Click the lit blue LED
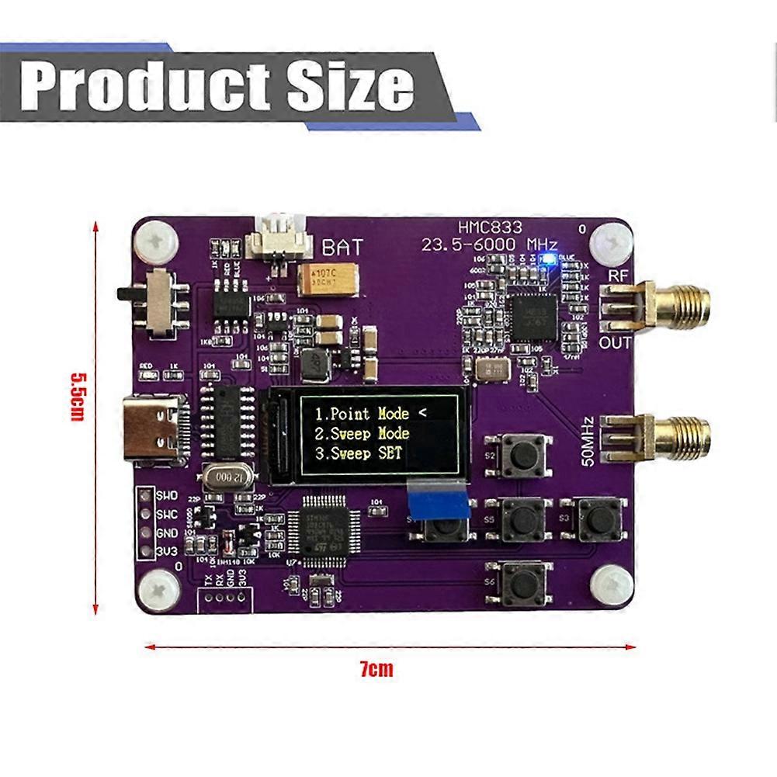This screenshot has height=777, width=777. coord(550,258)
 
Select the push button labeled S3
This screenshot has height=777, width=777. coord(596,519)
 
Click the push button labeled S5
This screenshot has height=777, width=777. coord(522,519)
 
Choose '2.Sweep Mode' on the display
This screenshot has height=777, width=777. coord(361,434)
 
